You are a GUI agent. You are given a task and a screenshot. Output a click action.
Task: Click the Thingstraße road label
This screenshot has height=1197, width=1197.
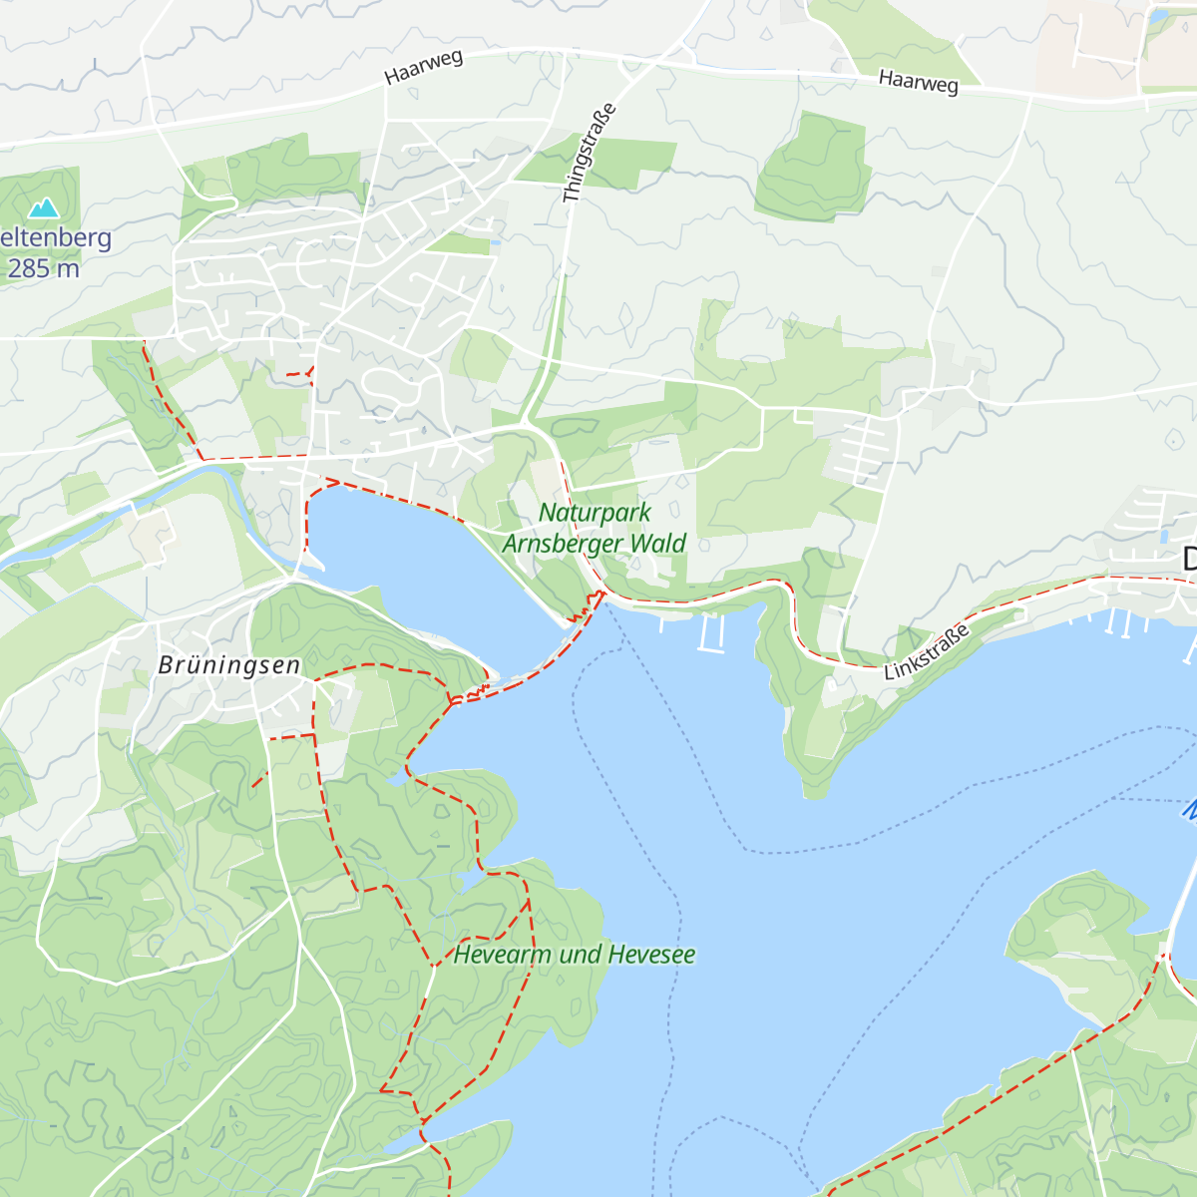pyautogui.click(x=590, y=155)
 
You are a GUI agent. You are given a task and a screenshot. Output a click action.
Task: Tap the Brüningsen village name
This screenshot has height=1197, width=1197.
pyautogui.click(x=229, y=665)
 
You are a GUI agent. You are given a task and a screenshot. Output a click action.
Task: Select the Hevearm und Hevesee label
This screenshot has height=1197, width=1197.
pyautogui.click(x=575, y=955)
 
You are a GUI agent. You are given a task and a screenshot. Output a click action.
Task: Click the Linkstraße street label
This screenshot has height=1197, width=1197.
pyautogui.click(x=927, y=653)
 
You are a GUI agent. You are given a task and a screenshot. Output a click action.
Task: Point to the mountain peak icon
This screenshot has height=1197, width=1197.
pyautogui.click(x=43, y=207)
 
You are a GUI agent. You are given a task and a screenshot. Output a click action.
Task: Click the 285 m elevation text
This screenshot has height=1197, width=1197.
pyautogui.click(x=43, y=268)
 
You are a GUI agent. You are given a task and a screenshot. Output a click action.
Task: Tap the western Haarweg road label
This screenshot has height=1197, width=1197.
pyautogui.click(x=424, y=67)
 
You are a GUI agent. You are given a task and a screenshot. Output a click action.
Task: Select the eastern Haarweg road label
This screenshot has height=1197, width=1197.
pyautogui.click(x=918, y=82)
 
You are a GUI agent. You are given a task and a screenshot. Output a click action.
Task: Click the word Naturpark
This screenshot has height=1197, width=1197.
pyautogui.click(x=595, y=513)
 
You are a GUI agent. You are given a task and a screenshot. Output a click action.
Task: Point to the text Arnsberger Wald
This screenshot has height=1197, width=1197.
pyautogui.click(x=595, y=544)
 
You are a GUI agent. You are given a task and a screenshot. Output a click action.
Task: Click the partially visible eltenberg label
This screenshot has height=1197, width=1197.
pyautogui.click(x=55, y=238)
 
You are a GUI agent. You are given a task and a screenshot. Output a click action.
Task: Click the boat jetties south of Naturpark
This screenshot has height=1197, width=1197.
pyautogui.click(x=710, y=632)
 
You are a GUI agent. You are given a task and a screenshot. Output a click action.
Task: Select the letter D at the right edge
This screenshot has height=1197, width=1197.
pyautogui.click(x=1189, y=560)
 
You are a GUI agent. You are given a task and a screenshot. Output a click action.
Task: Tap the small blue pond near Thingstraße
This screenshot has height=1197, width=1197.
pyautogui.click(x=496, y=240)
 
